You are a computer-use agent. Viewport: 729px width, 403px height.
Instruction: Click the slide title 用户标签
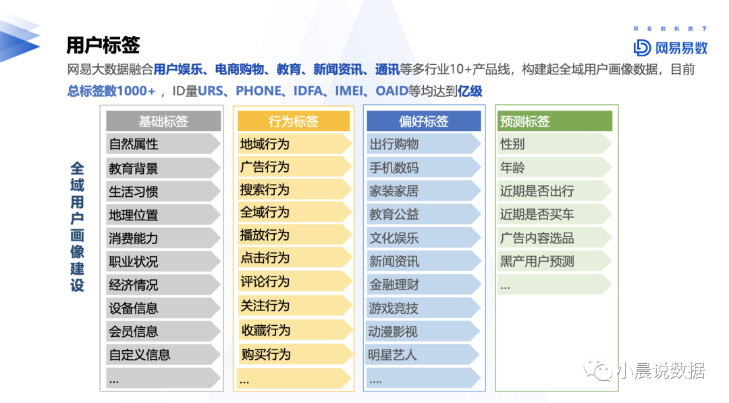pyautogui.click(x=103, y=45)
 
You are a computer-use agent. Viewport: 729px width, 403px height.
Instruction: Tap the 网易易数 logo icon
pyautogui.click(x=642, y=47)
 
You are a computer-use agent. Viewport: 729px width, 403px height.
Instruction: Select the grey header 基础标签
pyautogui.click(x=163, y=121)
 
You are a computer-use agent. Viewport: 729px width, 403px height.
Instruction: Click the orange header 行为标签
pyautogui.click(x=294, y=121)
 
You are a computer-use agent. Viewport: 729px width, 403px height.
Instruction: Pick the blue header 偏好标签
pyautogui.click(x=423, y=121)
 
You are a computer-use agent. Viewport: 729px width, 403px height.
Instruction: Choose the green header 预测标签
pyautogui.click(x=554, y=121)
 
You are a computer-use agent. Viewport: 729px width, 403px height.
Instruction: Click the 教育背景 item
pyautogui.click(x=134, y=168)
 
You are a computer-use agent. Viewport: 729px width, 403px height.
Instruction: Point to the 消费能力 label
pyautogui.click(x=134, y=239)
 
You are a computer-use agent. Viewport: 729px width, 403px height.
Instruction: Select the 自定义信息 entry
pyautogui.click(x=140, y=355)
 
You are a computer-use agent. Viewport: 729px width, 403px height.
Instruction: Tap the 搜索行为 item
pyautogui.click(x=265, y=189)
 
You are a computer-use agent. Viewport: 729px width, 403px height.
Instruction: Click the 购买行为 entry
pyautogui.click(x=266, y=354)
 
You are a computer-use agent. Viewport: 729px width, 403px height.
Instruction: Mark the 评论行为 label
pyautogui.click(x=265, y=282)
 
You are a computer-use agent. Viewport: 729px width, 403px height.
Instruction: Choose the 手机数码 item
pyautogui.click(x=394, y=168)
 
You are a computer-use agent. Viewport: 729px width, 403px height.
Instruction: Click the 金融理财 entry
pyautogui.click(x=394, y=285)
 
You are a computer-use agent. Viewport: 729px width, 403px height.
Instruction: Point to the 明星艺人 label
pyautogui.click(x=392, y=355)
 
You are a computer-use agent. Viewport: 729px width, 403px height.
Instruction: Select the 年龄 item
pyautogui.click(x=512, y=168)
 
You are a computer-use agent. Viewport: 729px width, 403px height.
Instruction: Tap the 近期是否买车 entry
pyautogui.click(x=537, y=214)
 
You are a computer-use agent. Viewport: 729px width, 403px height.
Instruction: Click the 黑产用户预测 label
pyautogui.click(x=537, y=262)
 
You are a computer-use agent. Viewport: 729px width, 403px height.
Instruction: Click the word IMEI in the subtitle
pyautogui.click(x=349, y=91)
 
